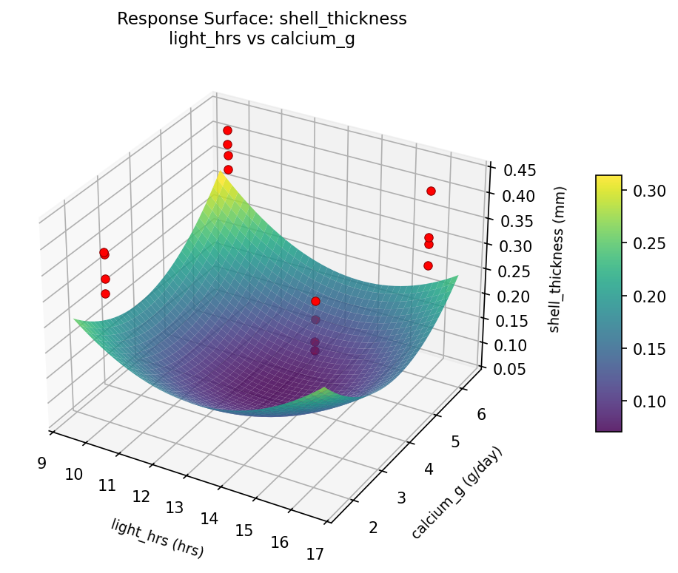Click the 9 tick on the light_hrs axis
pos(41,464)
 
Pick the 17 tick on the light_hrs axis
pos(315,555)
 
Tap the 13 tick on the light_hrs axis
pos(175,508)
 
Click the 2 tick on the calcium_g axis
pos(373,527)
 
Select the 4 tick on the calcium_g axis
pos(431,468)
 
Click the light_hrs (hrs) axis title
pos(157,538)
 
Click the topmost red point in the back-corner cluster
pos(227,131)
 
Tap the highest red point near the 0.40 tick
pos(431,191)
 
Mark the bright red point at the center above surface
pos(316,301)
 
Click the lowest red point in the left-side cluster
pos(105,294)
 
